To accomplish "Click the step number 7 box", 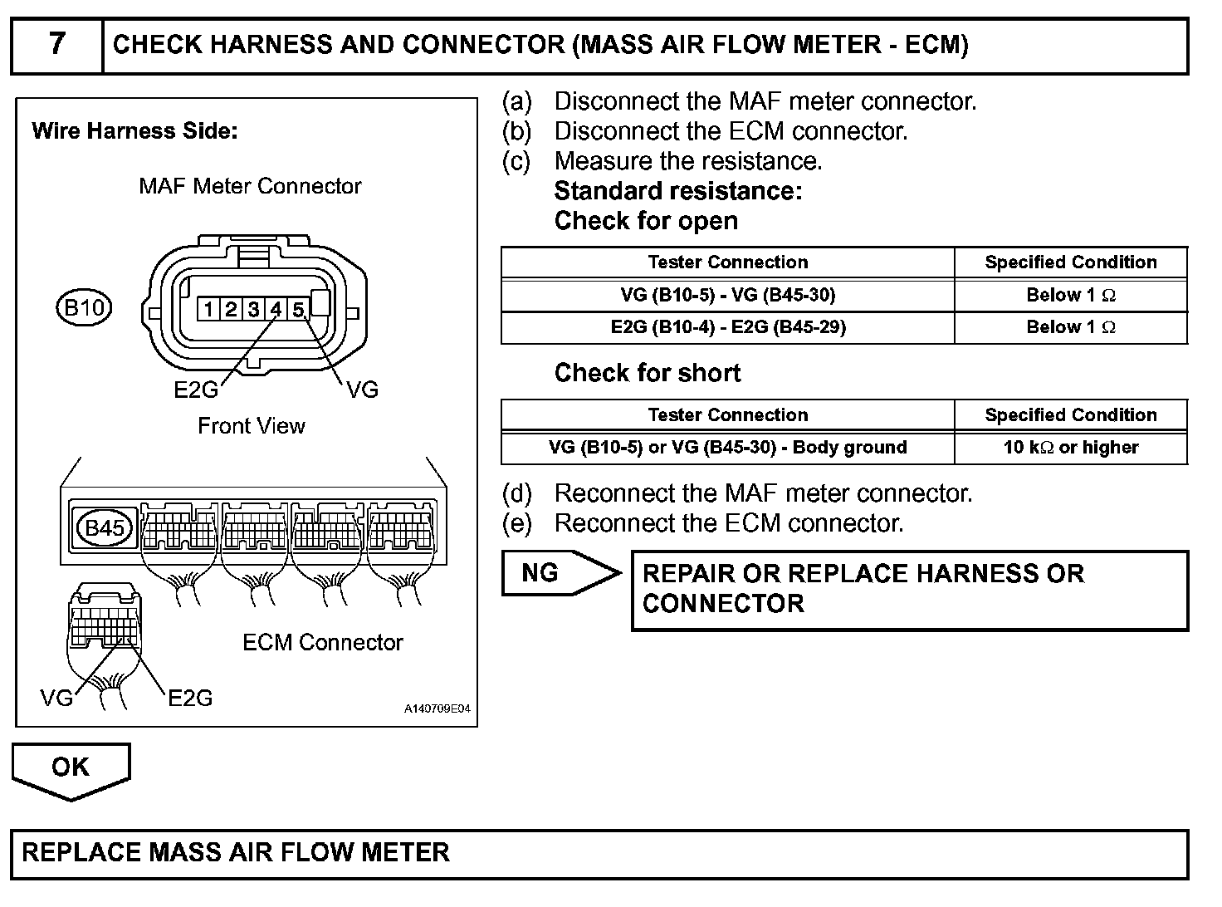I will [x=56, y=45].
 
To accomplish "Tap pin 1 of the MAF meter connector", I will [x=208, y=310].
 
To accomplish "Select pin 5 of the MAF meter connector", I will [x=298, y=310].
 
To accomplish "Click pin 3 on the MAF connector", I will [x=253, y=310].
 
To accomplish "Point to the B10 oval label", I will [x=84, y=308].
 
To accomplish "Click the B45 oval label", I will [x=105, y=527].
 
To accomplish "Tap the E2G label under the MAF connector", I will [x=195, y=389].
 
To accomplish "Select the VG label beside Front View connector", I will [x=362, y=389].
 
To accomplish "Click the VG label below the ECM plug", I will [x=56, y=698].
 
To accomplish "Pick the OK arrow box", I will [x=71, y=767].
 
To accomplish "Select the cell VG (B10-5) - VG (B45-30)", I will [x=727, y=295].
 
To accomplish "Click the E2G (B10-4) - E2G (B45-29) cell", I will [x=727, y=327].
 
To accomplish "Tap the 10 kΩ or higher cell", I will [x=1071, y=448].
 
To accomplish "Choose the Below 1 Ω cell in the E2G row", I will [x=1071, y=327].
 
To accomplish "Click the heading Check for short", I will [x=647, y=373].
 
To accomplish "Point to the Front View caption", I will [x=251, y=426].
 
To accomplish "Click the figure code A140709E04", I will [x=437, y=709].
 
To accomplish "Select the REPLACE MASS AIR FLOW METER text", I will [x=236, y=853].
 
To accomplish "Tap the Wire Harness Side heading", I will [x=134, y=131].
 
